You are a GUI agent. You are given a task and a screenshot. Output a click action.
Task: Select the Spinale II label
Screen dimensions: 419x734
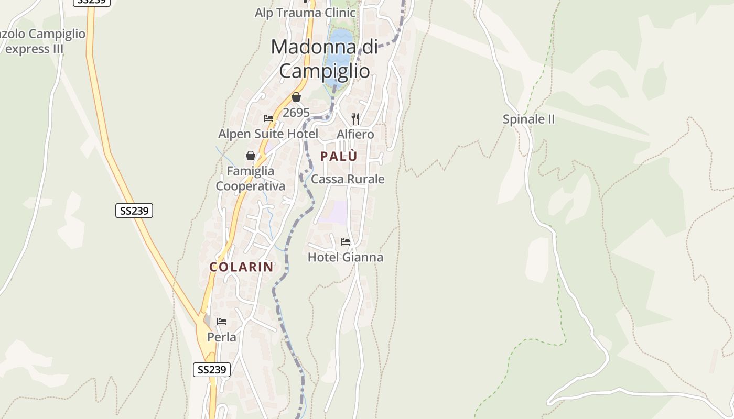point(528,119)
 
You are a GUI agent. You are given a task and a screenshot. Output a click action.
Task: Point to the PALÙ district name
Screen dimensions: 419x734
point(339,156)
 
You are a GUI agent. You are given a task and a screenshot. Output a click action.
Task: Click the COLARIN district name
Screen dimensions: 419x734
point(242,267)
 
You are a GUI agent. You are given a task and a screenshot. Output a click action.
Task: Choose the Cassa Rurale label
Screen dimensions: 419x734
point(348,179)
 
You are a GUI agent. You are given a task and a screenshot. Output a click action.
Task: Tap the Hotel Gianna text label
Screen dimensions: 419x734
point(346,257)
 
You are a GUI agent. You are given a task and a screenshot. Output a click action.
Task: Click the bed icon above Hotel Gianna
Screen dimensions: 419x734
point(346,242)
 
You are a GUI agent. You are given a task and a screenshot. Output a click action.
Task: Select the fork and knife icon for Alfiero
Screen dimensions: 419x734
point(355,118)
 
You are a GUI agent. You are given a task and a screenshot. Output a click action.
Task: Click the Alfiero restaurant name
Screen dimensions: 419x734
point(355,134)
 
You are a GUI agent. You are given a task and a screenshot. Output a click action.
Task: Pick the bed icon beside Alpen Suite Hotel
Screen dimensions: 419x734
point(268,118)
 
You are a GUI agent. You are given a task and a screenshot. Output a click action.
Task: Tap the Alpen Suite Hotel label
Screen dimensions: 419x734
point(268,134)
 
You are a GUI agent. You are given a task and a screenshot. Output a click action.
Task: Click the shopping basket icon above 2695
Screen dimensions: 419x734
point(296,97)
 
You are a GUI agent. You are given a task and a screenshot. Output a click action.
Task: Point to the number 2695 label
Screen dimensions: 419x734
point(296,113)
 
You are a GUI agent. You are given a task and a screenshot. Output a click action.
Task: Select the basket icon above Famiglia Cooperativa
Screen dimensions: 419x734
point(251,156)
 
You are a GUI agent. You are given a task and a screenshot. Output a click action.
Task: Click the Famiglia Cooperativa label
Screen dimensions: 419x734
point(251,179)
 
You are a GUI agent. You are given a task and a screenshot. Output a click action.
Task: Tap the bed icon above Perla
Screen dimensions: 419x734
point(222,322)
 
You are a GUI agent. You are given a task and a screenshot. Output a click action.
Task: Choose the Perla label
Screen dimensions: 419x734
point(222,337)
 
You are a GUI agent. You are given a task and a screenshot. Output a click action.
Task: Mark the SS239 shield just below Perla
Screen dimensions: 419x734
point(212,369)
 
